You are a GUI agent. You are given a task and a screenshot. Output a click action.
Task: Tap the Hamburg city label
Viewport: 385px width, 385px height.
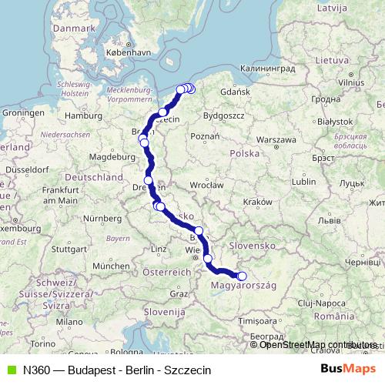(79, 117)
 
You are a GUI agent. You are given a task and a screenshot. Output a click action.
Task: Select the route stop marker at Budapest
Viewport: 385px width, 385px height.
(241, 276)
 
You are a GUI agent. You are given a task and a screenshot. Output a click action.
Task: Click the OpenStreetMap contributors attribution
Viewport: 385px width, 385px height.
(318, 344)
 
